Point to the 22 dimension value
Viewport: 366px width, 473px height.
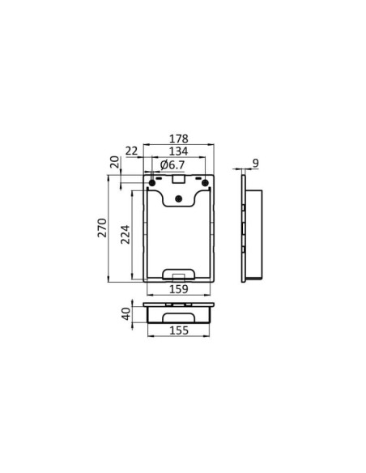132,151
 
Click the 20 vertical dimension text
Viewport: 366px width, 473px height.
114,164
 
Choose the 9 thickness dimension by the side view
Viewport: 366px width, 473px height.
256,164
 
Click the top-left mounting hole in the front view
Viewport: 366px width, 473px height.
151,182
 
